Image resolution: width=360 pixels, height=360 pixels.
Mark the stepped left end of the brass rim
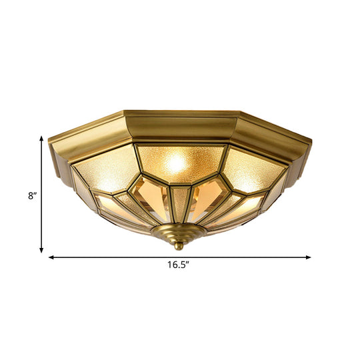(59, 160)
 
